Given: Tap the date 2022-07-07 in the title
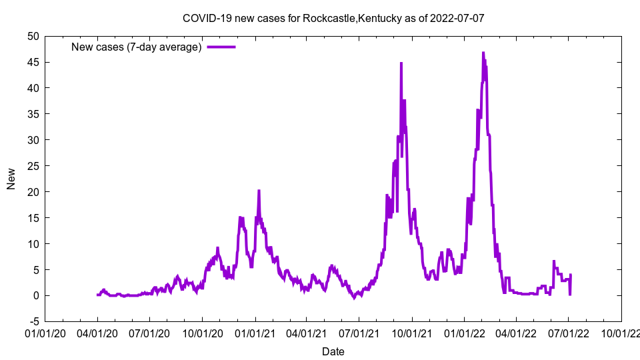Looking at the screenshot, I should tap(457, 18).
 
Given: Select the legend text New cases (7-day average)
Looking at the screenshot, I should tap(137, 47).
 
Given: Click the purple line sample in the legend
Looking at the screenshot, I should tap(221, 47).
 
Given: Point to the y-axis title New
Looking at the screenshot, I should tap(11, 179).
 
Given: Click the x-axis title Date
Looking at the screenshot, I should tap(333, 351).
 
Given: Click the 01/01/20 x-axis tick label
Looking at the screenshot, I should tap(45, 333).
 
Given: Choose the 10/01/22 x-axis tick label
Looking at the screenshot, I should tap(621, 333).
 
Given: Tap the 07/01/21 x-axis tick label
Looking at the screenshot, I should tap(359, 333).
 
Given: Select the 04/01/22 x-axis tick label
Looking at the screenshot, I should tap(516, 333).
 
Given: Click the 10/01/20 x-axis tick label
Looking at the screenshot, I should tap(203, 333).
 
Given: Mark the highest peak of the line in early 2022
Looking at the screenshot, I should tap(483, 53).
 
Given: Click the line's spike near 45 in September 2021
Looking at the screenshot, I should tap(401, 63).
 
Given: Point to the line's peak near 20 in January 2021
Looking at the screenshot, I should tap(259, 191).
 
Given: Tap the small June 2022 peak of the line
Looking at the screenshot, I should tap(554, 261).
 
